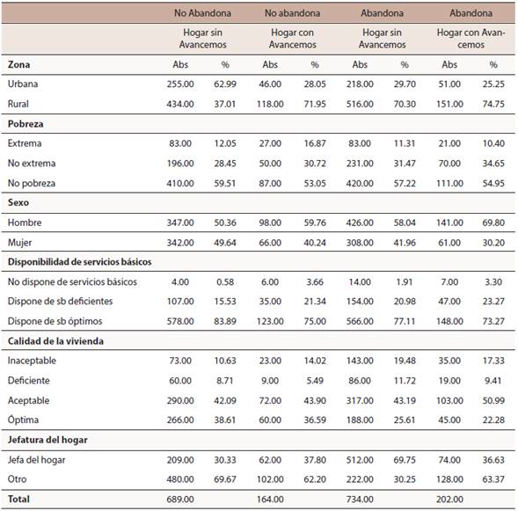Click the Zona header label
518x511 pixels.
[x=18, y=64]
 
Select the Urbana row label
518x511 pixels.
[x=23, y=84]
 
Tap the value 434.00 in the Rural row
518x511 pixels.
[x=180, y=104]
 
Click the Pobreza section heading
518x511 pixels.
[x=26, y=124]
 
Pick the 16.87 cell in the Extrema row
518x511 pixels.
[x=315, y=143]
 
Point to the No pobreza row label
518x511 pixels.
[x=32, y=183]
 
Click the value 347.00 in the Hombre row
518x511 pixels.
[x=180, y=223]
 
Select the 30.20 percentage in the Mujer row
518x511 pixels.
[x=493, y=243]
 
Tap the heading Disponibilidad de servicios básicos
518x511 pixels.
[x=80, y=262]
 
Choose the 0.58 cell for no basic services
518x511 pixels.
[x=225, y=282]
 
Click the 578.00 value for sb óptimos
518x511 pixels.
[x=180, y=321]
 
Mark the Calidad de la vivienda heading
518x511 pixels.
[x=55, y=341]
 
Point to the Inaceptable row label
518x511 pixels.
[x=32, y=361]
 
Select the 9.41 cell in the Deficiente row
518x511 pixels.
[x=493, y=381]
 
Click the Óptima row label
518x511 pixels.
[x=23, y=420]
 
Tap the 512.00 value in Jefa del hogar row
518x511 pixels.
[x=360, y=460]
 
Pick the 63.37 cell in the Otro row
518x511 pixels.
[x=493, y=479]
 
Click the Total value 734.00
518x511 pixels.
[x=360, y=499]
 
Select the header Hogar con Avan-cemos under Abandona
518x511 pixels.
[x=471, y=39]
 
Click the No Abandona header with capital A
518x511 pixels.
[x=202, y=13]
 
